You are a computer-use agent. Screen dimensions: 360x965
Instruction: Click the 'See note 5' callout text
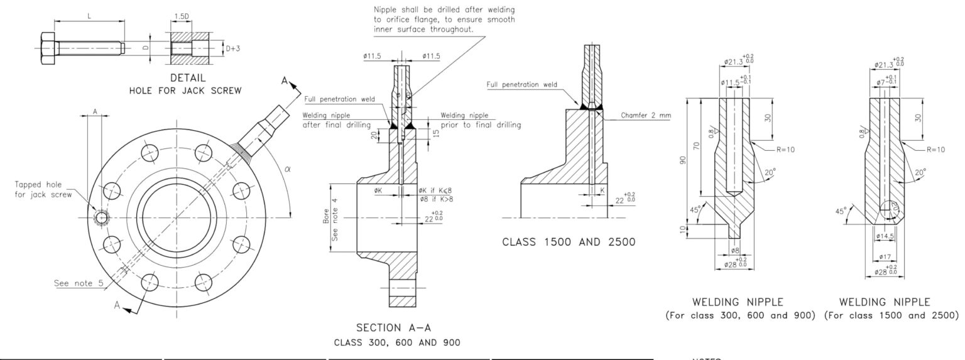coord(79,283)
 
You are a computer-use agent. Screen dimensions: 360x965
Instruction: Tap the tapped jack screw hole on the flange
coord(101,217)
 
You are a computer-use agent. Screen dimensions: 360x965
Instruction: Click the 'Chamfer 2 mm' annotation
coord(645,115)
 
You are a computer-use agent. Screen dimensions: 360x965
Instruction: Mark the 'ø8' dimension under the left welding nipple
coord(736,250)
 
